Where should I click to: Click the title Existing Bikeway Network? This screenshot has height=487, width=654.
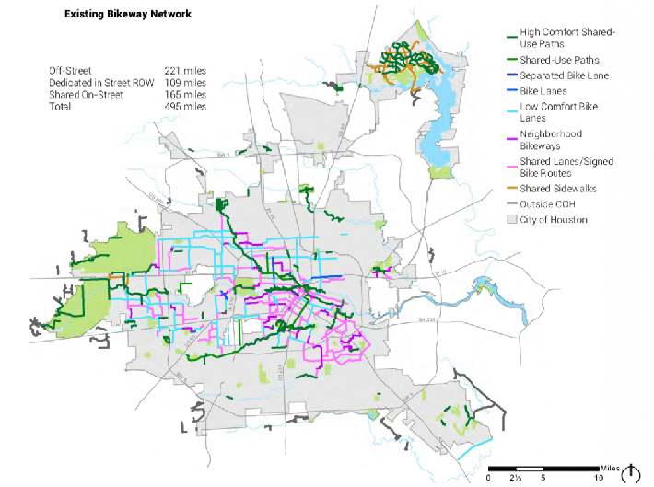(x=129, y=16)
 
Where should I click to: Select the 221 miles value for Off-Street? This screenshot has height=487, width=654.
(x=185, y=70)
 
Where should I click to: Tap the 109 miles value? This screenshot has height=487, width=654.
(x=185, y=82)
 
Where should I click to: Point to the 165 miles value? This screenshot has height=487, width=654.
(x=185, y=94)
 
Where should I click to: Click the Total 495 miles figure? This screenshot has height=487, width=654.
(x=185, y=106)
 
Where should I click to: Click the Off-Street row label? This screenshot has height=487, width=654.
(x=70, y=70)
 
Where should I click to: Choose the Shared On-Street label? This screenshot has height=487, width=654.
(x=85, y=94)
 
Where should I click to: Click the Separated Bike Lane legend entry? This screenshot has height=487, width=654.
(x=562, y=75)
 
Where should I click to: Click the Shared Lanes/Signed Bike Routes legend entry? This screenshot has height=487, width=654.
(x=566, y=167)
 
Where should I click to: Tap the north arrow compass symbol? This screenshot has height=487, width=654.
(x=630, y=472)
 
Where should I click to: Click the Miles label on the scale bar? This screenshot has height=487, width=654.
(x=610, y=468)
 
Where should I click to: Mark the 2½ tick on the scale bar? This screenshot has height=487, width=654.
(x=516, y=479)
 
